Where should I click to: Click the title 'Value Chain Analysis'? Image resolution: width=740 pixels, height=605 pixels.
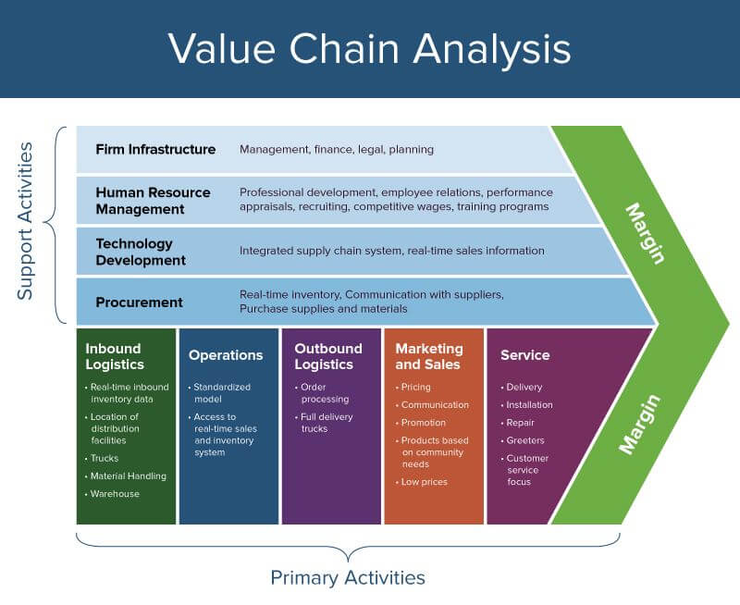click(369, 48)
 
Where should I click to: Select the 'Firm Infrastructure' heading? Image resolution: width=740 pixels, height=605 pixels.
click(155, 150)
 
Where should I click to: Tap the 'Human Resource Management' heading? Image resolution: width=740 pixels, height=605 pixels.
click(153, 201)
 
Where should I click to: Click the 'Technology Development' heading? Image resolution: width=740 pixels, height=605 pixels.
click(141, 252)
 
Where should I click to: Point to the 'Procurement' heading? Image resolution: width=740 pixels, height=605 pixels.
click(139, 302)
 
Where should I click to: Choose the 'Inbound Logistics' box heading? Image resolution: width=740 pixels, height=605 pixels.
click(115, 356)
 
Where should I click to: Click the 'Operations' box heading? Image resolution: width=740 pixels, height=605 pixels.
click(226, 355)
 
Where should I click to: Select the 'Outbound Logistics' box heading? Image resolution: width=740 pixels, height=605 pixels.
click(328, 356)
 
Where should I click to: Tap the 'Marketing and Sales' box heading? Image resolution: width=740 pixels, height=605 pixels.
click(429, 356)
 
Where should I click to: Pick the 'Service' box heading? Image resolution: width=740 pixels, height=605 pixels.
click(525, 355)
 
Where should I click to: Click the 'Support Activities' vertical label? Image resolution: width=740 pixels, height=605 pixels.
click(26, 220)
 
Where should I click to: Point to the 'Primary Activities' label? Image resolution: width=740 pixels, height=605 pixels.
click(348, 578)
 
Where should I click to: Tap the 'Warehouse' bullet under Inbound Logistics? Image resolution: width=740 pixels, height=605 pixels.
click(115, 494)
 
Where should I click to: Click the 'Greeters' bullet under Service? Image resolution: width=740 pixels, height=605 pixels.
click(525, 440)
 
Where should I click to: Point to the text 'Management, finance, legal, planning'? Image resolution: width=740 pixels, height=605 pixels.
click(337, 150)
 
